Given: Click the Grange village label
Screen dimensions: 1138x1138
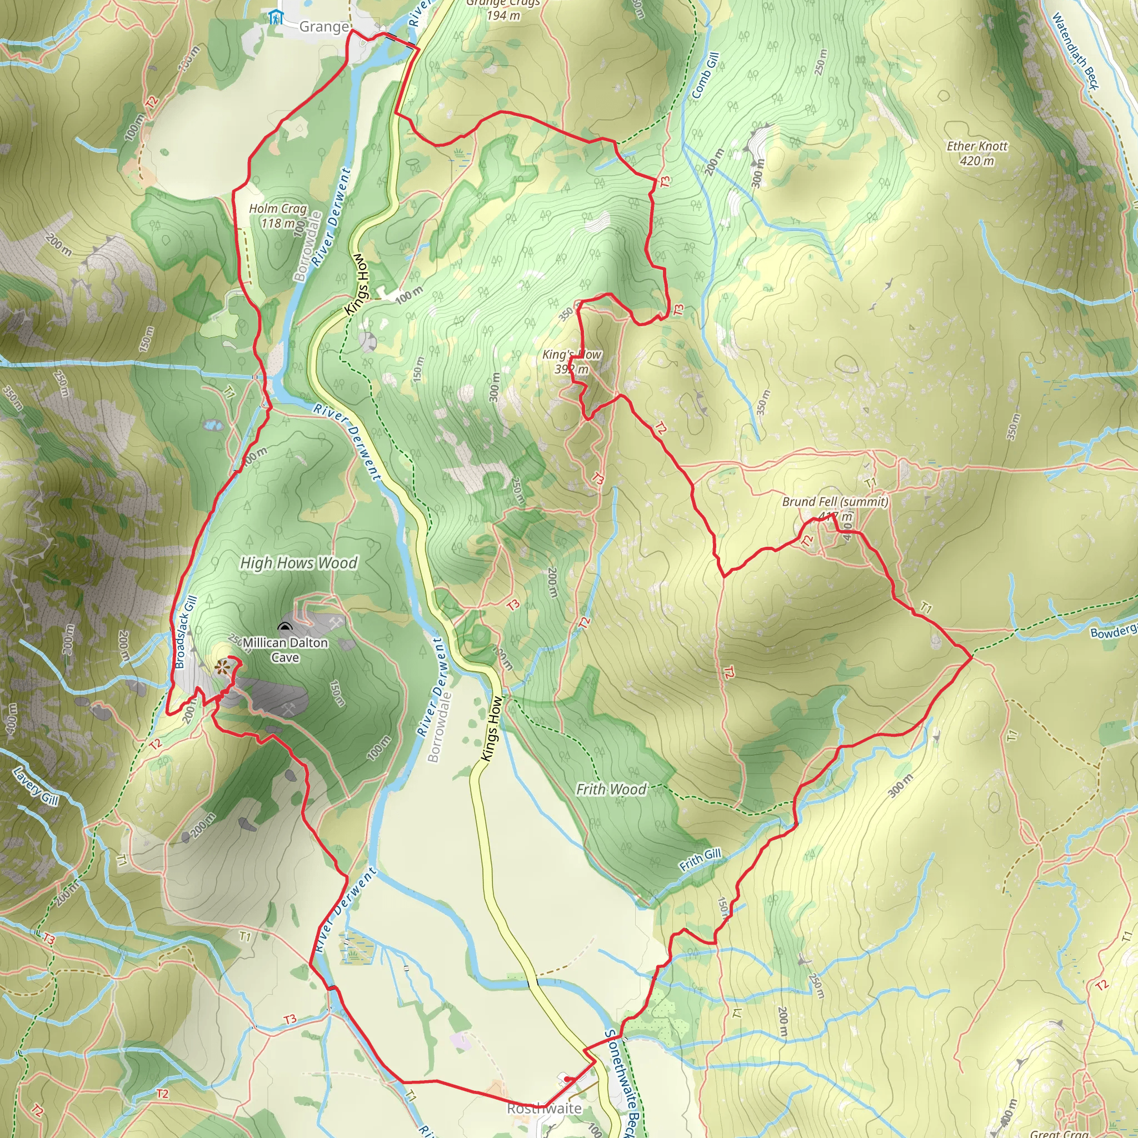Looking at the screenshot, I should (x=323, y=27).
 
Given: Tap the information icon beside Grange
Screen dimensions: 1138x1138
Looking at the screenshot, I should (x=274, y=17).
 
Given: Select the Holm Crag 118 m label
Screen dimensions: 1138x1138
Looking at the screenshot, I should (x=277, y=216).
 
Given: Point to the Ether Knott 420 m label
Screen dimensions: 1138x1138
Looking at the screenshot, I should (x=977, y=153).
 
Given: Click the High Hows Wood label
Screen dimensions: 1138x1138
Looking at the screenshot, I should (x=298, y=563).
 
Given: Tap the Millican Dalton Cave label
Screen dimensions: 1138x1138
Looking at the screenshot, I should (x=285, y=650).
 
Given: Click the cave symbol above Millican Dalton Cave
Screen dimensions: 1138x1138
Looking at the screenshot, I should (x=285, y=627).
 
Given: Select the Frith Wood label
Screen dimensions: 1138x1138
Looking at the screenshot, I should (x=611, y=788).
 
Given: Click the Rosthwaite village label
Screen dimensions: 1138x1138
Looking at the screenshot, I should (x=543, y=1109).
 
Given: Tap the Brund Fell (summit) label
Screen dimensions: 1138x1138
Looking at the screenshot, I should (x=835, y=502).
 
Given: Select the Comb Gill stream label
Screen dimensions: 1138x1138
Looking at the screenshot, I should (x=705, y=76).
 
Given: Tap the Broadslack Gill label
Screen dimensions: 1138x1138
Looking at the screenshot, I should (x=185, y=632).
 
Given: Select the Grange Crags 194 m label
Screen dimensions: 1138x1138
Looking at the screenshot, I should (x=503, y=9).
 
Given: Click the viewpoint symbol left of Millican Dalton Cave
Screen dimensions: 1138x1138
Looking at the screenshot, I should (x=222, y=667).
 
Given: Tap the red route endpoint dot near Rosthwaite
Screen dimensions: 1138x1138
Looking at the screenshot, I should (x=567, y=1079).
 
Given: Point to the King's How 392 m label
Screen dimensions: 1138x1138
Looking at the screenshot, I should (x=571, y=362).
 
